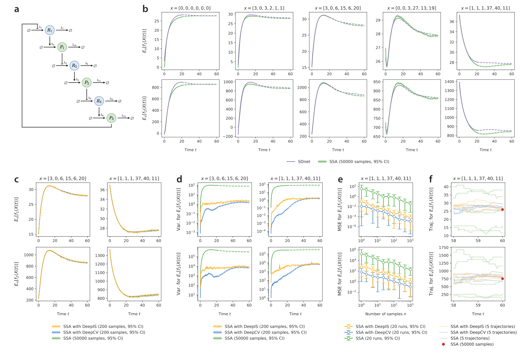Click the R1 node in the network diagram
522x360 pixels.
[x=50, y=30]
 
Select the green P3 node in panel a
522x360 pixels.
[x=111, y=118]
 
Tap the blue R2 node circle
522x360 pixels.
[x=74, y=66]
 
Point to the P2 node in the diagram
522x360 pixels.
[x=87, y=82]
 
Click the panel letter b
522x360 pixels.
[x=145, y=9]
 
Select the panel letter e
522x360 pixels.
[x=340, y=180]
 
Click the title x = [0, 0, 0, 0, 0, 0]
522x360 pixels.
[x=190, y=8]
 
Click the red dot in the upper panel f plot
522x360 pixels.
[x=502, y=209]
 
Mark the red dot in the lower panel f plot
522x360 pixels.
[x=502, y=278]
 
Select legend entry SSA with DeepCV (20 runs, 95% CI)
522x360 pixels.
[x=391, y=332]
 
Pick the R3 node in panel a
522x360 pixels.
[x=99, y=101]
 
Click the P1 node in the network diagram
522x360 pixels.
[x=62, y=47]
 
